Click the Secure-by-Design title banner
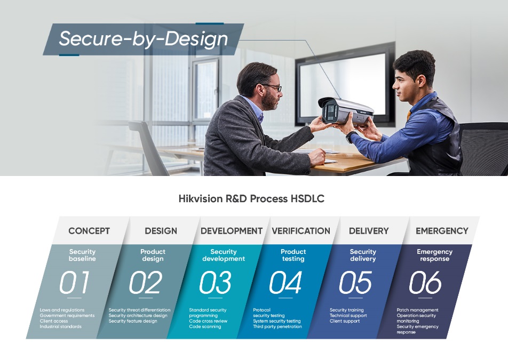coord(143,39)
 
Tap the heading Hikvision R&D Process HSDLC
coord(251,199)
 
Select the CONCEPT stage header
coord(89,231)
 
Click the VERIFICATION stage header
coord(301,231)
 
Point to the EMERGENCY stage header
coord(442,231)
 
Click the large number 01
coord(75,283)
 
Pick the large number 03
coord(215,283)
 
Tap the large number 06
coord(425,283)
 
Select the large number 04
coord(285,283)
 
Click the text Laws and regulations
coord(62,310)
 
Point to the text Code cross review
coord(208,321)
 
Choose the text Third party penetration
coord(277,326)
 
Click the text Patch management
coord(417,310)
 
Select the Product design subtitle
coord(153,255)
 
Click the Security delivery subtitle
coord(363,255)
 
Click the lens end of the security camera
coord(328,110)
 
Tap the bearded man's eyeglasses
coord(273,87)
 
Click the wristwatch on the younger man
coord(350,137)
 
